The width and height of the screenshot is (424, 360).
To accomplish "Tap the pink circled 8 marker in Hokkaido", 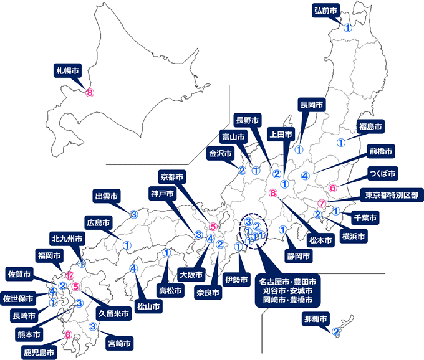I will coord(90,93).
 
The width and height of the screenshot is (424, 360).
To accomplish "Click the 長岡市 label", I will coord(312,104).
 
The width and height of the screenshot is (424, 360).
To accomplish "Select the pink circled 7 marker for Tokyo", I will coord(321,203).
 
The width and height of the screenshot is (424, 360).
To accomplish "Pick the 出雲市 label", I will coord(106,197).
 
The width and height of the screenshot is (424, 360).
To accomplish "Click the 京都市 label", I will coord(171,176).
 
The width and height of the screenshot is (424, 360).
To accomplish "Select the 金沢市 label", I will coord(220,153).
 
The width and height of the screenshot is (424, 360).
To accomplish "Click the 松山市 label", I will coord(148,306).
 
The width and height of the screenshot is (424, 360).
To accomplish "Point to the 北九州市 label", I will coord(65,239).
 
